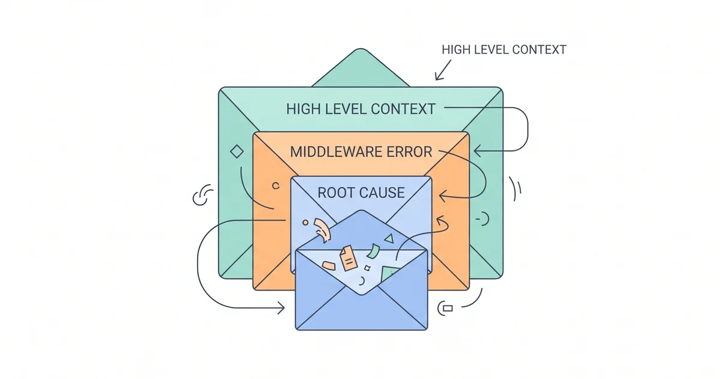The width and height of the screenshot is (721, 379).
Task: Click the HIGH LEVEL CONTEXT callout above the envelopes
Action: (x=503, y=49)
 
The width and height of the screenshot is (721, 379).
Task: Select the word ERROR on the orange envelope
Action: (x=408, y=152)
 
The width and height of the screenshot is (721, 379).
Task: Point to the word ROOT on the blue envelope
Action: (x=337, y=193)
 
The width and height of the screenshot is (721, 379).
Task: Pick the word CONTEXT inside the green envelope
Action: (x=403, y=109)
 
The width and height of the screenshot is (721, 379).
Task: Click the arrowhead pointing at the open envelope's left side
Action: (x=281, y=309)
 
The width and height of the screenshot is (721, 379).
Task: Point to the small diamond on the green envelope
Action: (x=237, y=152)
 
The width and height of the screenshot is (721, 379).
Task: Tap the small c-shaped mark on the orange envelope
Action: (x=276, y=186)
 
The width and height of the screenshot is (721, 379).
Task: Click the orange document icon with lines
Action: (x=347, y=257)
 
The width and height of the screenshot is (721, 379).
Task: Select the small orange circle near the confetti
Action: (x=305, y=222)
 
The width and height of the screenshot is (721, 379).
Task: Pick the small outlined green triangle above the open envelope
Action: (x=389, y=239)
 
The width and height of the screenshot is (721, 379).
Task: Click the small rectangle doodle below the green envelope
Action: (x=447, y=308)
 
